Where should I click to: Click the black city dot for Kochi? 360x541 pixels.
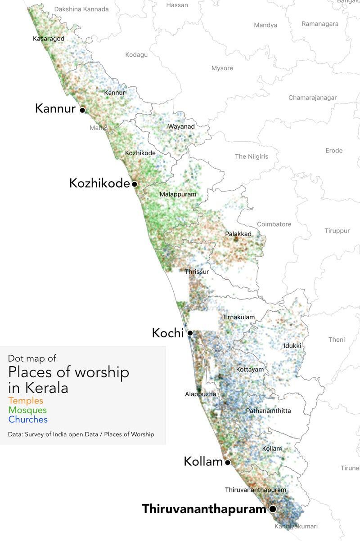190,333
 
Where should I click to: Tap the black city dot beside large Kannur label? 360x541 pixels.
82,110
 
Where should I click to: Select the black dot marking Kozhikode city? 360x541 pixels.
134,184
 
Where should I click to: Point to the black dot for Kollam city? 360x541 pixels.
228,462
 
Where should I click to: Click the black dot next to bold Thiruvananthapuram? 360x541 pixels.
272,509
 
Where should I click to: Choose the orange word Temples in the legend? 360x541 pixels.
26,400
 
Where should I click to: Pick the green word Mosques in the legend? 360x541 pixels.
27,410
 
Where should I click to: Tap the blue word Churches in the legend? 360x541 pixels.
28,420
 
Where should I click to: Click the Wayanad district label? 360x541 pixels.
181,126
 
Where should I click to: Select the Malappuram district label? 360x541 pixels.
178,194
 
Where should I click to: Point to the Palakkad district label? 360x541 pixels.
238,234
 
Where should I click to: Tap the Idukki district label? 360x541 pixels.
292,345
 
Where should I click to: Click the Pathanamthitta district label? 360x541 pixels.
268,411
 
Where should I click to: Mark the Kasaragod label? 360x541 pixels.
49,39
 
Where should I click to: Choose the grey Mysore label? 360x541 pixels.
222,68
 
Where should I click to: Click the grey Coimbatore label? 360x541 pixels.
274,224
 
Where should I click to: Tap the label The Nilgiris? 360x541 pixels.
252,156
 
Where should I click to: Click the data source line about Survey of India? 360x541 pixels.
81,434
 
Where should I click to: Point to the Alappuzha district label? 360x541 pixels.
201,394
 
